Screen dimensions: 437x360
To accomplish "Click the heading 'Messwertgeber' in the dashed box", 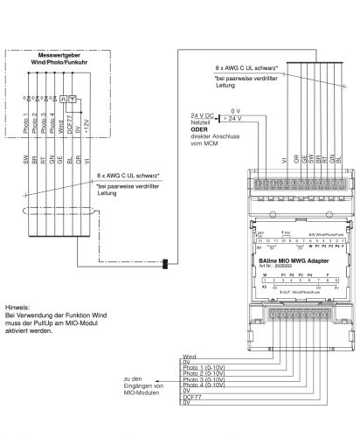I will click(60, 56).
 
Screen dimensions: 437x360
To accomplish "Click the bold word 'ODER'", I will click(200, 128).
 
